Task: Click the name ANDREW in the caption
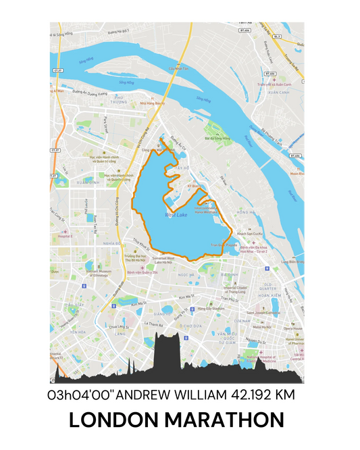pyautogui.click(x=144, y=394)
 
